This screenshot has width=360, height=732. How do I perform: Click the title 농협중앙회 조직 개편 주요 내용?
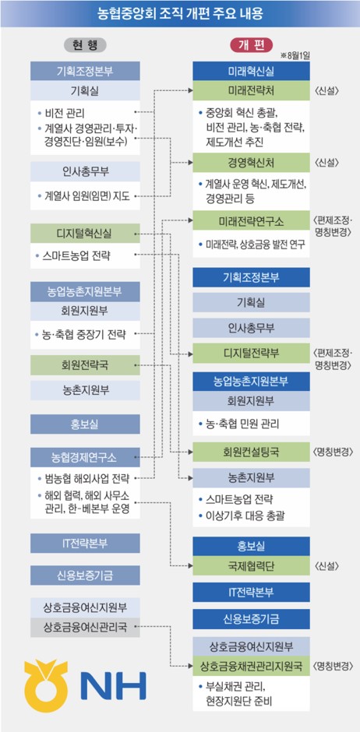coord(180,12)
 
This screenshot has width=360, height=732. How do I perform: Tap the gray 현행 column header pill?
coord(85,45)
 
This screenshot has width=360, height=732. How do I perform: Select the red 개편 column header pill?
coord(251,45)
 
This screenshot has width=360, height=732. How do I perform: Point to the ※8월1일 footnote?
coord(295,56)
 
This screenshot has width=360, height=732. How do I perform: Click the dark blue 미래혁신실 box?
coord(251,72)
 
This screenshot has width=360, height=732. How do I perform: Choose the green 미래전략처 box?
coord(251,90)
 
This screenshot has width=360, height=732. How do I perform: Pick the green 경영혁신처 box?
coord(251,163)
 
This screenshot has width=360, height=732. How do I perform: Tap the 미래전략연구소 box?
coord(251,220)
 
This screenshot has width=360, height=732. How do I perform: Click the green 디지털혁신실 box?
coord(85,234)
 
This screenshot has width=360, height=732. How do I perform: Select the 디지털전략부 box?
coord(251,353)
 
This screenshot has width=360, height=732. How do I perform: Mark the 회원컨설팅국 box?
coord(251,452)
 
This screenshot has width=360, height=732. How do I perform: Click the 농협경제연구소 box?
coord(85,458)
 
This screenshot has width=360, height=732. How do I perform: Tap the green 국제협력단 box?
coord(251,566)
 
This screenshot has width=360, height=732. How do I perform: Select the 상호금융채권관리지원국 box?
coord(251,666)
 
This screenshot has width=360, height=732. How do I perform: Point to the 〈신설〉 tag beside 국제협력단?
coord(326,566)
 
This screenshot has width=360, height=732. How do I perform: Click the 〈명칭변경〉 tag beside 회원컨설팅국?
coord(333,452)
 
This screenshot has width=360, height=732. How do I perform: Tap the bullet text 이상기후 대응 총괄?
coord(242,516)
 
